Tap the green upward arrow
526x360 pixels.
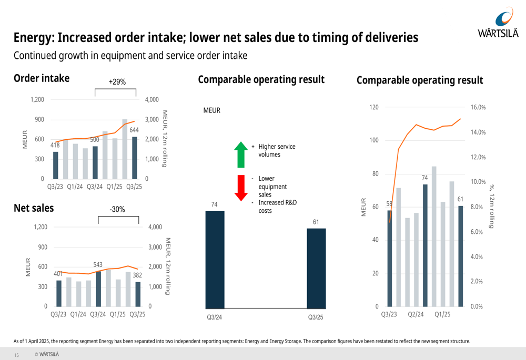point(240,154)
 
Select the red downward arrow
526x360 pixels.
point(240,188)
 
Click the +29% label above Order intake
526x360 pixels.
point(117,82)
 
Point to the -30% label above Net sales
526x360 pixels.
point(117,209)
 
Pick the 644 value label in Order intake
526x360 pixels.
point(134,130)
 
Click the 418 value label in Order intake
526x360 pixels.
point(55,145)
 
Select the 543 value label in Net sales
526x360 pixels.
point(98,264)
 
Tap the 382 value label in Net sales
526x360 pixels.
point(137,275)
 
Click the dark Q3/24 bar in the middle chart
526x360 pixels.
point(215,260)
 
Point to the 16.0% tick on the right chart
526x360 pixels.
point(478,107)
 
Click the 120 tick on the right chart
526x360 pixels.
point(374,107)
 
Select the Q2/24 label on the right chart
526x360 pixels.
point(416,314)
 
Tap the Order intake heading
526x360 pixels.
point(42,78)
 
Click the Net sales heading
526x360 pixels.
point(34,208)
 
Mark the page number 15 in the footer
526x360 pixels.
point(16,355)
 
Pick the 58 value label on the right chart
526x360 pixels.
point(389,204)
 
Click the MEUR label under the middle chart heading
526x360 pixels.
point(212,111)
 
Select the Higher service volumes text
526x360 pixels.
point(277,150)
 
